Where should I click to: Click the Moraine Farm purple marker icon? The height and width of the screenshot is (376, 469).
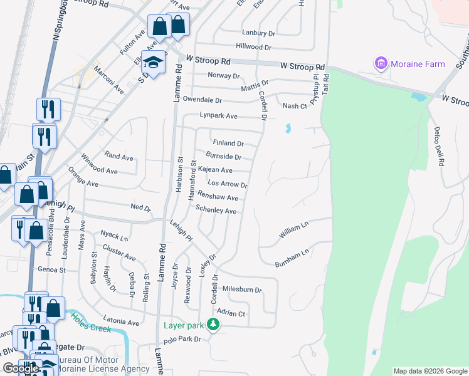380,63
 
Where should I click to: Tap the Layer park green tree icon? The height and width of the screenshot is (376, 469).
214,325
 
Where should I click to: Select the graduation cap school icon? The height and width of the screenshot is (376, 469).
152,61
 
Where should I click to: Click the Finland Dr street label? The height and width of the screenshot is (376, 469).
228,143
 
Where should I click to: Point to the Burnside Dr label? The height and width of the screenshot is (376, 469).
224,157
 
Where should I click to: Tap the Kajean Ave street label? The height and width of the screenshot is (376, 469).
215,170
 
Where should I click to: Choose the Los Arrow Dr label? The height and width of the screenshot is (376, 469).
227,185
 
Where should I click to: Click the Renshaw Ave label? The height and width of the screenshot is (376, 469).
218,197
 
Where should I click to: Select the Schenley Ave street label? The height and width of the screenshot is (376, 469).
216,210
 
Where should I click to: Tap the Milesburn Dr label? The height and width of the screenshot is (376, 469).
241,290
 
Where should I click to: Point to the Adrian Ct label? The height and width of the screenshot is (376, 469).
230,313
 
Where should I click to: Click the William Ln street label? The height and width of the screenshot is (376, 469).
294,232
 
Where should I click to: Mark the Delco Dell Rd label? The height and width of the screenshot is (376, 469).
438,145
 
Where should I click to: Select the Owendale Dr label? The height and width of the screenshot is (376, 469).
203,100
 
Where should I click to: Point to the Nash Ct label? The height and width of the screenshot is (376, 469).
295,106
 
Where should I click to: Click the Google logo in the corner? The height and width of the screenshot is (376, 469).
20,368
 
